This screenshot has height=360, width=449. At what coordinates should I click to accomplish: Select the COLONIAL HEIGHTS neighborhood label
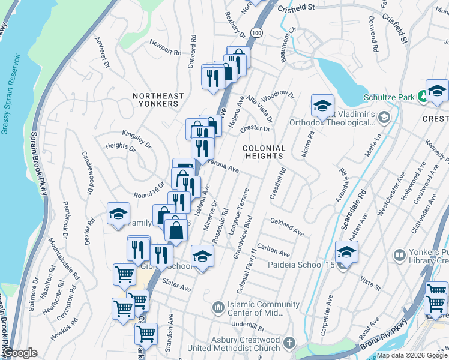coord(264,151)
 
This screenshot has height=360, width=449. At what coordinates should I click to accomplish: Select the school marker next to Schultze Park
coord(436,91)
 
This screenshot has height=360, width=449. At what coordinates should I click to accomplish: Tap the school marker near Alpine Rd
coord(322,105)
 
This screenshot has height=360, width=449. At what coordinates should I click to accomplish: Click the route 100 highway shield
coord(257,32)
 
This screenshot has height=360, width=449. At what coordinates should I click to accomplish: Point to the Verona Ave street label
coord(223,165)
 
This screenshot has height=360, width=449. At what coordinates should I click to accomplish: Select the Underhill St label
coord(248,327)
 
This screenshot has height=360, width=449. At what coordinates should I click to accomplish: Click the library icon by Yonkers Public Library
coord(400,256)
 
